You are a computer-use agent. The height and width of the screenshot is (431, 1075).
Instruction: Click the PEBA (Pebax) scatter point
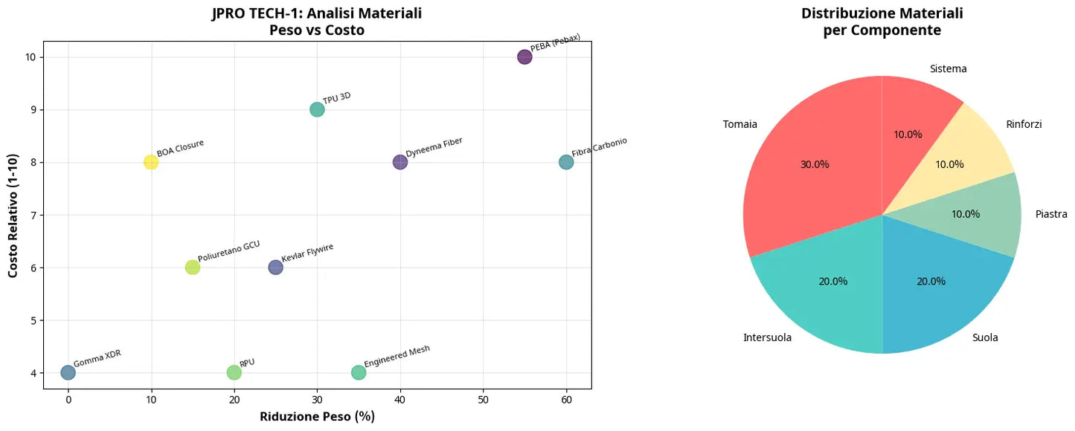tap(524, 57)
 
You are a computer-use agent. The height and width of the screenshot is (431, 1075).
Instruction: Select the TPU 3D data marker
tap(317, 110)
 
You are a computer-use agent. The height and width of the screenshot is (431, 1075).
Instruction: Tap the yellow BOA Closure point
tap(151, 162)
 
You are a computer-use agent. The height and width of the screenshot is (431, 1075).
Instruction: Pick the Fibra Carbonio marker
tap(566, 162)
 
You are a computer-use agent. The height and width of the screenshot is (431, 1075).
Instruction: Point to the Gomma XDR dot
tap(68, 372)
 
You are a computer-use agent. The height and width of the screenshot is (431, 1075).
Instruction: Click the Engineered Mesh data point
tap(359, 372)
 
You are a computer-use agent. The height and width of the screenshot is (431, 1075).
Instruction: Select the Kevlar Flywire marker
tap(275, 268)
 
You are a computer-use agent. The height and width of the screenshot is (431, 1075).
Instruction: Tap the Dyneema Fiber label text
tap(434, 146)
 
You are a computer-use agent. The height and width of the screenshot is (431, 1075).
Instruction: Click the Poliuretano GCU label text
tap(228, 250)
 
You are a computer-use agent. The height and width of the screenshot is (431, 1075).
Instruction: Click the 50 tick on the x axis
tap(484, 400)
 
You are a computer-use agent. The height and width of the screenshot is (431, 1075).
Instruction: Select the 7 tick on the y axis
tap(34, 215)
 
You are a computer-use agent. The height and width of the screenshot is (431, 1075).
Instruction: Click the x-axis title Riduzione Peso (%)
tap(317, 417)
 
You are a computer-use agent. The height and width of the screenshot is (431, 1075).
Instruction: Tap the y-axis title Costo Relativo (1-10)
tap(13, 215)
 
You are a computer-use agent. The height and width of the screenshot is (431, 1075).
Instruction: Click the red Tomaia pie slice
tap(811, 156)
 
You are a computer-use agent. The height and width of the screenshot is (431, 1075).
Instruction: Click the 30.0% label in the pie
tap(815, 164)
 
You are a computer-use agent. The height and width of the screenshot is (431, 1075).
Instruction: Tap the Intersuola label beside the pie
tap(767, 338)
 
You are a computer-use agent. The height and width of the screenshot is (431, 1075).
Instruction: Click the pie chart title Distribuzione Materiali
tap(882, 13)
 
